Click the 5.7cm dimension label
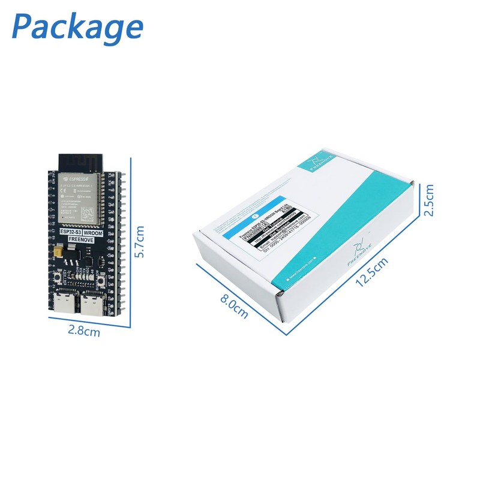point(140,242)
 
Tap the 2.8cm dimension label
point(83,331)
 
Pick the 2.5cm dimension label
point(428,199)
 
